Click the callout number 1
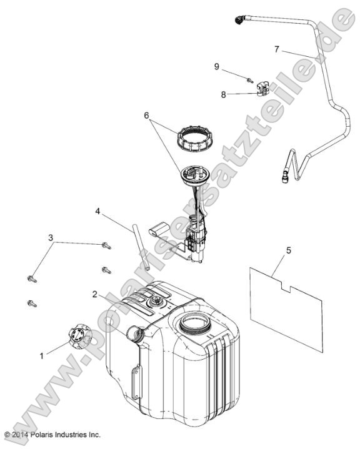point(41,356)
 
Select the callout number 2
point(95,294)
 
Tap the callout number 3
point(51,238)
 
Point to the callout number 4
point(97,211)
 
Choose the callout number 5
point(288,250)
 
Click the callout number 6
point(146,116)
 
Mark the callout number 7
point(277,49)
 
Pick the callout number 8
point(224,94)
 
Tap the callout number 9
point(217,66)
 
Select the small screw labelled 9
point(250,81)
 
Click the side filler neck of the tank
point(134,333)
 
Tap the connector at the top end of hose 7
point(240,20)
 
